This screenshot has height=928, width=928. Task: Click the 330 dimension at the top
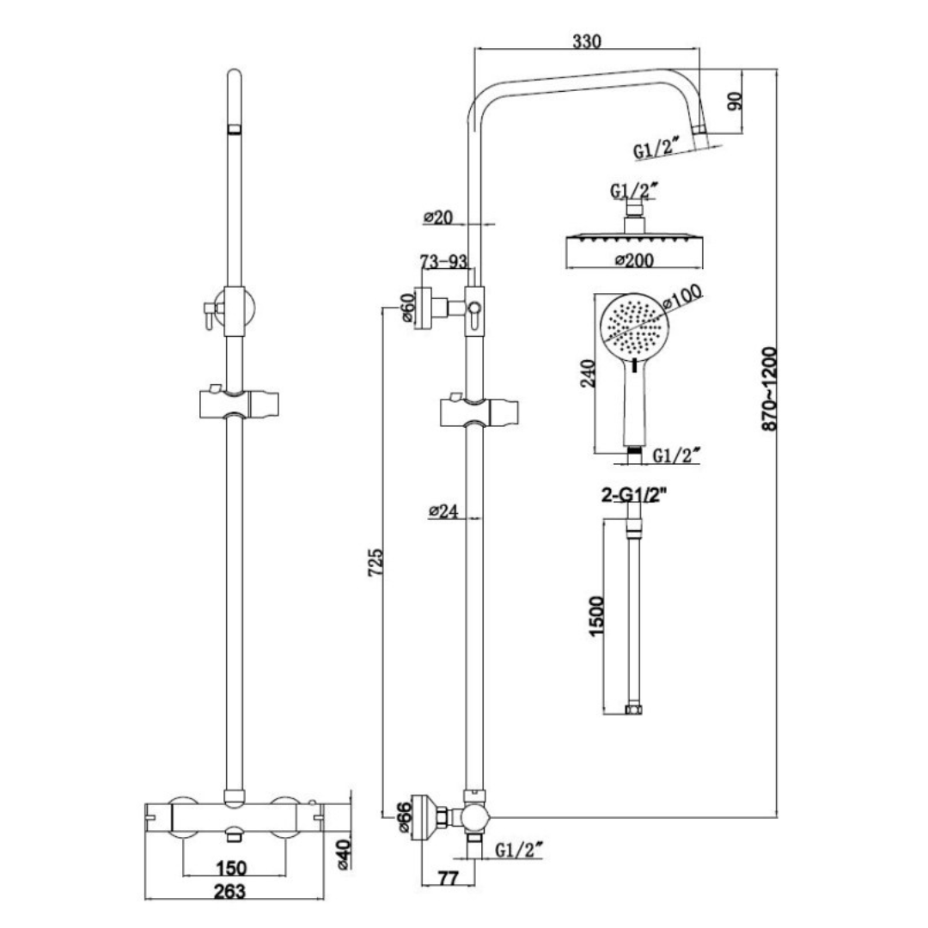587,40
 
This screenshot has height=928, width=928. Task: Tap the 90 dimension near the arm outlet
734,101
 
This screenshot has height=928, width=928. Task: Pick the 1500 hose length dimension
600,614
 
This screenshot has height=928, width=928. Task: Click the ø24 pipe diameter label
443,512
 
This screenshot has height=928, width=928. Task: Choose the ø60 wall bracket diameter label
407,307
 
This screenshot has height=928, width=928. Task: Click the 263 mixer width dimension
232,890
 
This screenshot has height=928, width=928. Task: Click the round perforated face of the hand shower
637,326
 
